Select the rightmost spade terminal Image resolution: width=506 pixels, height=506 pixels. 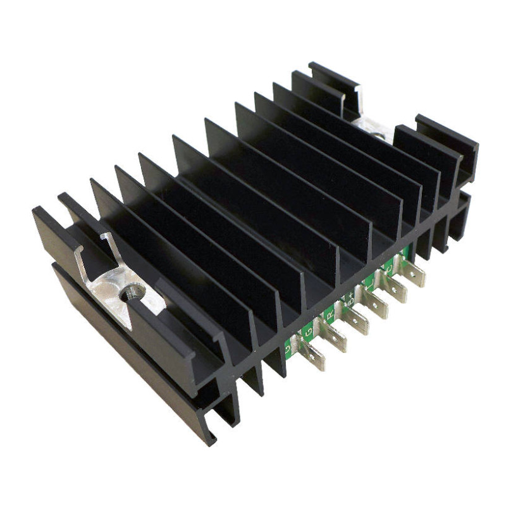pyautogui.click(x=412, y=274)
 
